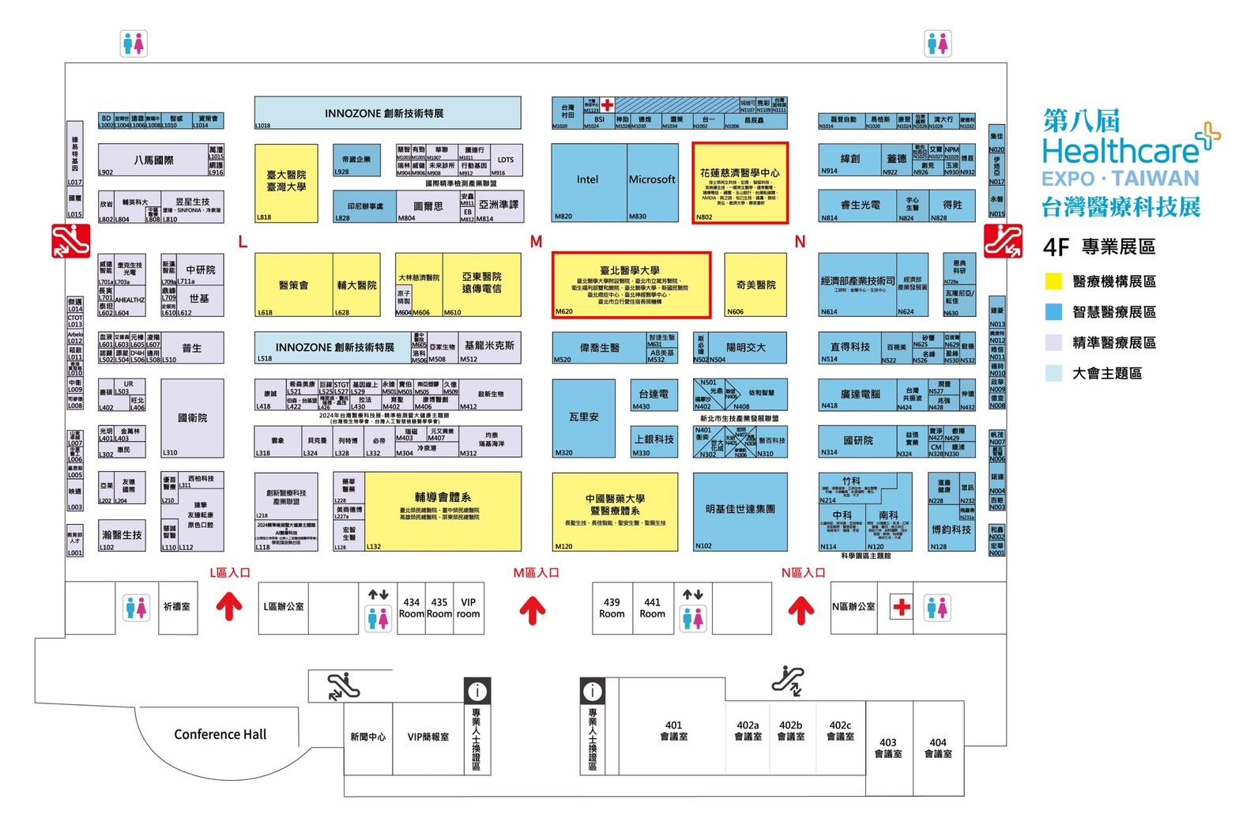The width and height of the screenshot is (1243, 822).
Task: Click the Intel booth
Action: coord(588,181)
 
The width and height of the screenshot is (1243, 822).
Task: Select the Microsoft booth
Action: coord(652,181)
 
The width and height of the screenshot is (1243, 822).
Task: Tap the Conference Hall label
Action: coord(220,734)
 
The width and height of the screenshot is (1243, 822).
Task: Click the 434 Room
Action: coord(411,607)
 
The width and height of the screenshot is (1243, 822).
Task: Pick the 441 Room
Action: coord(652,607)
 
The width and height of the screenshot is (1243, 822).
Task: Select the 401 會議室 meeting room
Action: coord(673,730)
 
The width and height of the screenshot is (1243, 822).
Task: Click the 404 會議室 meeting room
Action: coord(938,748)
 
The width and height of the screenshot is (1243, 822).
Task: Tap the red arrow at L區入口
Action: coord(230,607)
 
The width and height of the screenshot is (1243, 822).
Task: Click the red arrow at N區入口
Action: coord(801,609)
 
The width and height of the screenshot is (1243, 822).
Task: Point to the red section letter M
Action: coord(537,242)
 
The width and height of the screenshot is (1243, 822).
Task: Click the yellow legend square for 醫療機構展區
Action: coord(1053,281)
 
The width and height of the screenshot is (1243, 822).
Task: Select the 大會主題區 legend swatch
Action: coord(1053,373)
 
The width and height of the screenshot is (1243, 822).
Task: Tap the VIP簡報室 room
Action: coord(428,737)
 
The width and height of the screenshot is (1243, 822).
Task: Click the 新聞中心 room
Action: coord(367,737)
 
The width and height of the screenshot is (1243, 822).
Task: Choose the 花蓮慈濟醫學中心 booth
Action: coord(740,184)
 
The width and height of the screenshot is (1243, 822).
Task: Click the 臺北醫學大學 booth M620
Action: coord(631,285)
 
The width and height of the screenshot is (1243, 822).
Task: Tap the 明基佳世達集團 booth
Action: coord(740,511)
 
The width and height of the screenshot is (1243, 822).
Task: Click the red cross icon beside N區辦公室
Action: coord(902,607)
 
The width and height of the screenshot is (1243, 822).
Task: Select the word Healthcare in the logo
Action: coord(1120,150)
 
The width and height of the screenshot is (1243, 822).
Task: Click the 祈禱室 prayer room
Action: coord(176,607)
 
